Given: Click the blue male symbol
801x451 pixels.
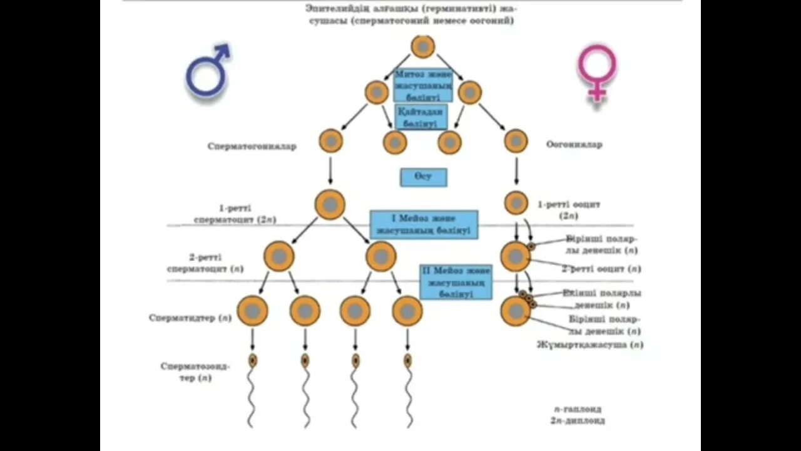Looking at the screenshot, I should tap(207, 71).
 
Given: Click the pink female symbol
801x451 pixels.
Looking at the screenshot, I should tap(596, 70).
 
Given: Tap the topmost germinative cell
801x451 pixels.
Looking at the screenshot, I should tap(423, 47).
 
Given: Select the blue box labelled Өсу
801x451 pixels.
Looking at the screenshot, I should tap(424, 177).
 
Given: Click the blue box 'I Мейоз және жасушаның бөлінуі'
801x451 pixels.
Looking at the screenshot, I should tap(424, 224).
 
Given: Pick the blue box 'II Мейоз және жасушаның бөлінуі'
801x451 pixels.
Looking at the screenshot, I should tap(455, 281).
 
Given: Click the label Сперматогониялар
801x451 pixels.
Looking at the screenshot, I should tap(252, 147).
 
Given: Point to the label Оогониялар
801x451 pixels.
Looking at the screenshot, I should tap(574, 145).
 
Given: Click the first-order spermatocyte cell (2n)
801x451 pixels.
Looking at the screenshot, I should tap(330, 205).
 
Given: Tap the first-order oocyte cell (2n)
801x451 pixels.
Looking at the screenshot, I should tap(516, 202).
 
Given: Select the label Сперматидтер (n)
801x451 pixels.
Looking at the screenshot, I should tap(190, 318).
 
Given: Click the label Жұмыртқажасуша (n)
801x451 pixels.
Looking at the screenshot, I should tap(589, 345).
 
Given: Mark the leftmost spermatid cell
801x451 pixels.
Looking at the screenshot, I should tap(252, 311).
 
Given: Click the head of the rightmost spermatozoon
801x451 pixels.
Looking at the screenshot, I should tap(407, 360).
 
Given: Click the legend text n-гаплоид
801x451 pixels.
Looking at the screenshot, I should tap(579, 408).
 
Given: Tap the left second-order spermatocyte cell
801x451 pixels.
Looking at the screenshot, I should tap(279, 256).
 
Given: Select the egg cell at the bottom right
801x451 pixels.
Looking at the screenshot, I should tap(516, 311).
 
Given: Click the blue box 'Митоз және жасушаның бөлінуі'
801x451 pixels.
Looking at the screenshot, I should tap(423, 85).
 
